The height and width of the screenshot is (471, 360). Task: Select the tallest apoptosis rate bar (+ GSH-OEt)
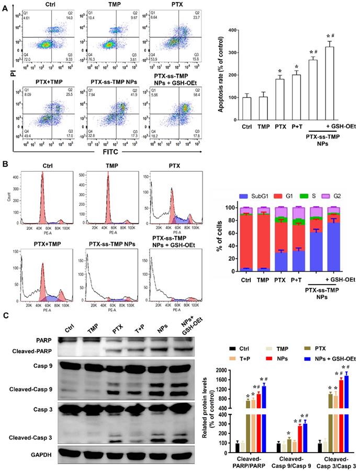[x=330, y=83]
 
